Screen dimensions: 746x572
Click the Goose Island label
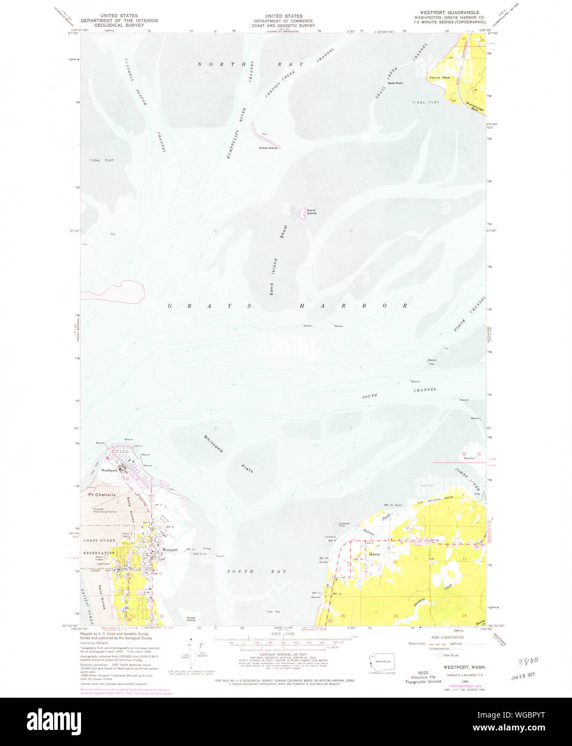(268, 148)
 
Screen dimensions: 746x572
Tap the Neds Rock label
(395, 83)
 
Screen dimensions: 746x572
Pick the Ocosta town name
(374, 554)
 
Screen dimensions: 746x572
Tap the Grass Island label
(190, 619)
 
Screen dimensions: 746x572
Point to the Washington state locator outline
(383, 662)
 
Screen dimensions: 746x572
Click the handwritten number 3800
(528, 661)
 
